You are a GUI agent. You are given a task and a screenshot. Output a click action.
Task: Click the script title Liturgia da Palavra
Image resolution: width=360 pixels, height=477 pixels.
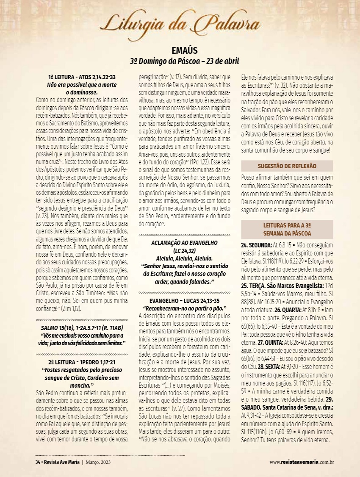pyautogui.click(x=180, y=23)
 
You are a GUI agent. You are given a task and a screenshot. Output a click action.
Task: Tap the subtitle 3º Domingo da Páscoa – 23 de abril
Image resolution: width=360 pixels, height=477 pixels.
pyautogui.click(x=185, y=61)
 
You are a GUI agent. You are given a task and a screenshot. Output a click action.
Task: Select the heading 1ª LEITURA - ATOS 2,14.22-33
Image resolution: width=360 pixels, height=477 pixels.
pyautogui.click(x=82, y=78)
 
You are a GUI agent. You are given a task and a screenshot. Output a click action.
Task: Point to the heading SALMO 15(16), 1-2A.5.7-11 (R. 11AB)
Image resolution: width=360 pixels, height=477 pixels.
pyautogui.click(x=82, y=328)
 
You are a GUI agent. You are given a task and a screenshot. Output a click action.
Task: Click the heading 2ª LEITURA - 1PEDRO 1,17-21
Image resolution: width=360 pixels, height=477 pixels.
pyautogui.click(x=82, y=363)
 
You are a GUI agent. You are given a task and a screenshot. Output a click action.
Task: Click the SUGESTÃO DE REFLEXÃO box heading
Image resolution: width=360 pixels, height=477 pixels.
pyautogui.click(x=287, y=166)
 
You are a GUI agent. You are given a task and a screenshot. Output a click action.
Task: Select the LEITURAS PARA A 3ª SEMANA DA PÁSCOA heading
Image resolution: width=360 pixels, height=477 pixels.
pyautogui.click(x=287, y=230)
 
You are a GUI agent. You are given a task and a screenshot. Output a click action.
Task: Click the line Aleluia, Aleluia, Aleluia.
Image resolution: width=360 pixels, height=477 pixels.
pyautogui.click(x=184, y=257)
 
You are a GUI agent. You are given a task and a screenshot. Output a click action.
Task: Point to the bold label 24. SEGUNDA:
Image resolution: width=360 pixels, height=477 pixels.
pyautogui.click(x=257, y=246)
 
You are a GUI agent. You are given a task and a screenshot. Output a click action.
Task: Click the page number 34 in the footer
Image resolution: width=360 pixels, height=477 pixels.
pyautogui.click(x=37, y=462)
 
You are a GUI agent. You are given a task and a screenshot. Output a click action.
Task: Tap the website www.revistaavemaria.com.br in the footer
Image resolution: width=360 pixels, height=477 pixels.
pyautogui.click(x=302, y=462)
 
